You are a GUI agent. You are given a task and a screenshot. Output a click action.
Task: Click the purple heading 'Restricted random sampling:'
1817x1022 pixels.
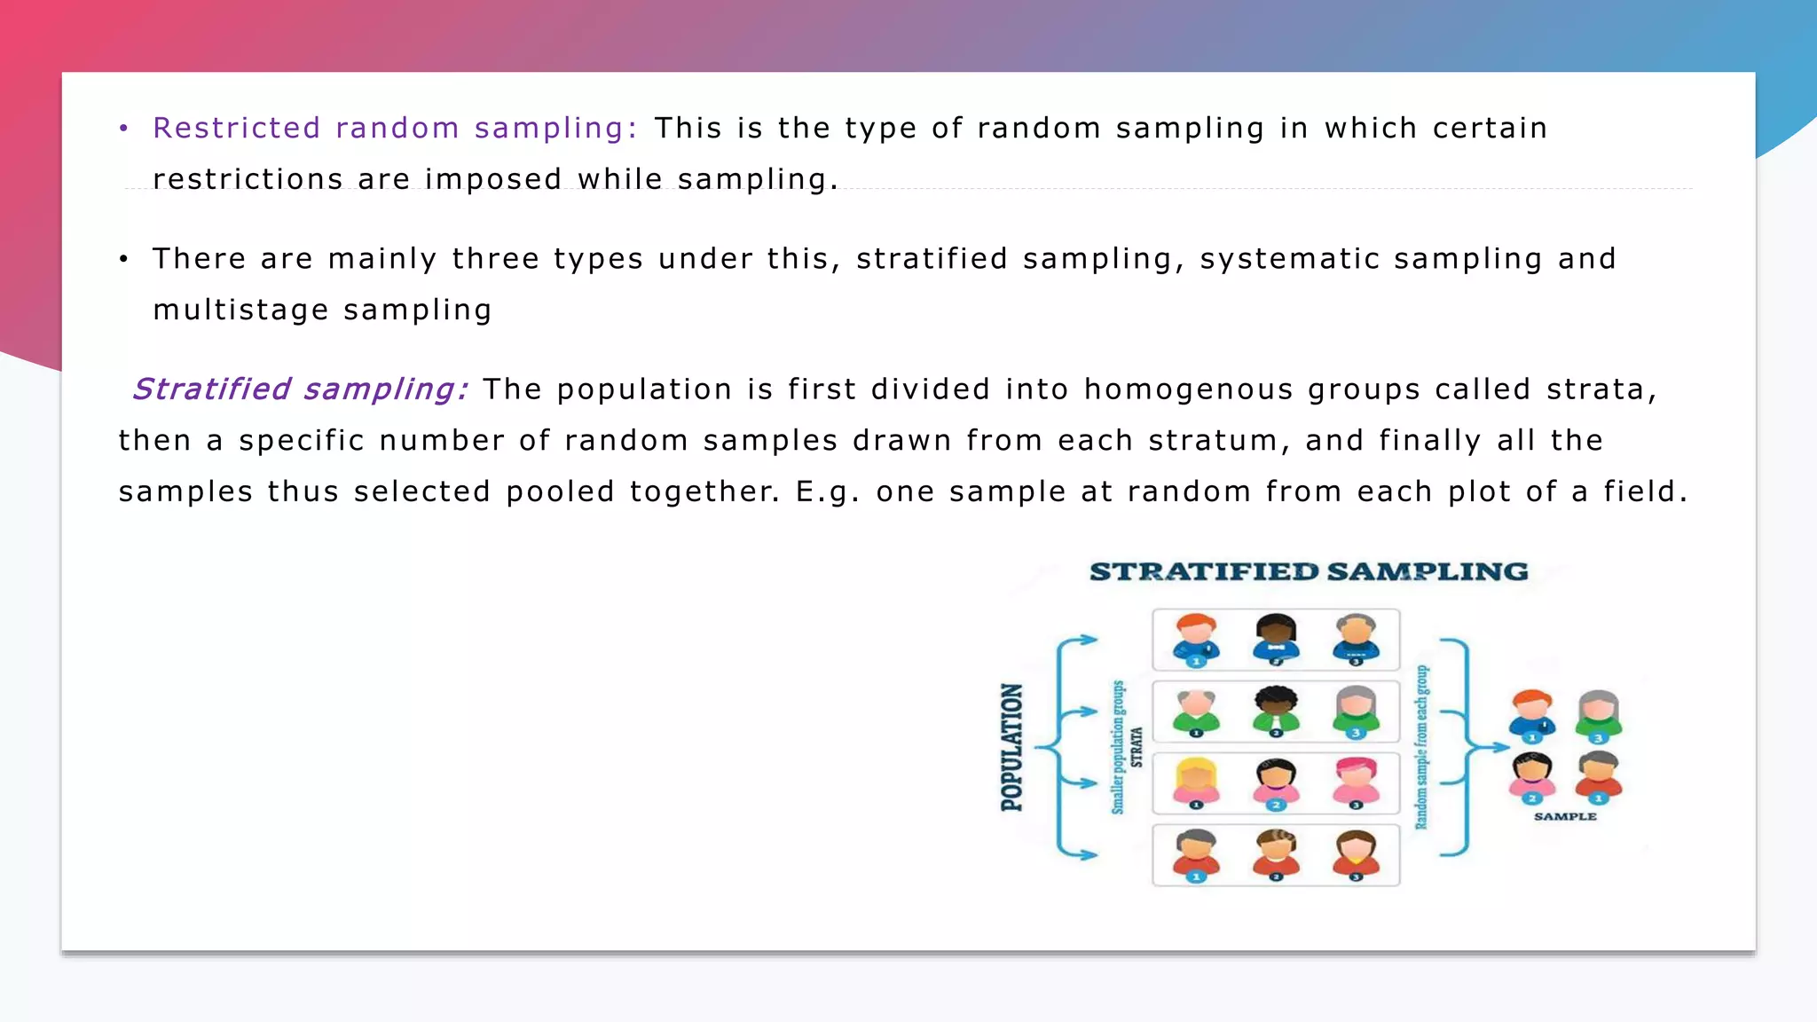[x=395, y=129]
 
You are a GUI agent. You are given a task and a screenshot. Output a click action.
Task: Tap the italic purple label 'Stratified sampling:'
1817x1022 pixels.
[x=300, y=389]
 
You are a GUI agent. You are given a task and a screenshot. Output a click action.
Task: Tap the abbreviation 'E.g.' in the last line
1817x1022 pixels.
[x=827, y=492]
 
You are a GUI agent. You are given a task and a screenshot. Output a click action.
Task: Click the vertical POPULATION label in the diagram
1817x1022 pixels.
[x=1012, y=747]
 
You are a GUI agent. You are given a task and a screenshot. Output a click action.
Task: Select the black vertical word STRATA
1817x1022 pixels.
[x=1137, y=747]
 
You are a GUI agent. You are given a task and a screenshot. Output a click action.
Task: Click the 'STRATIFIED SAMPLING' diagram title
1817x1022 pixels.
[x=1309, y=572]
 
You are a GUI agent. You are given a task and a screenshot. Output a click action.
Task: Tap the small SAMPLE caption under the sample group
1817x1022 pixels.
[x=1565, y=816]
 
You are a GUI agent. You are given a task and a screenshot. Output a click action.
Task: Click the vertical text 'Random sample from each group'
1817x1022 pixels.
[x=1421, y=747]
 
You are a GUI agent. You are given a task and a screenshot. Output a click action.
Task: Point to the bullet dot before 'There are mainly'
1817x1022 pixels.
[x=124, y=259]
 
